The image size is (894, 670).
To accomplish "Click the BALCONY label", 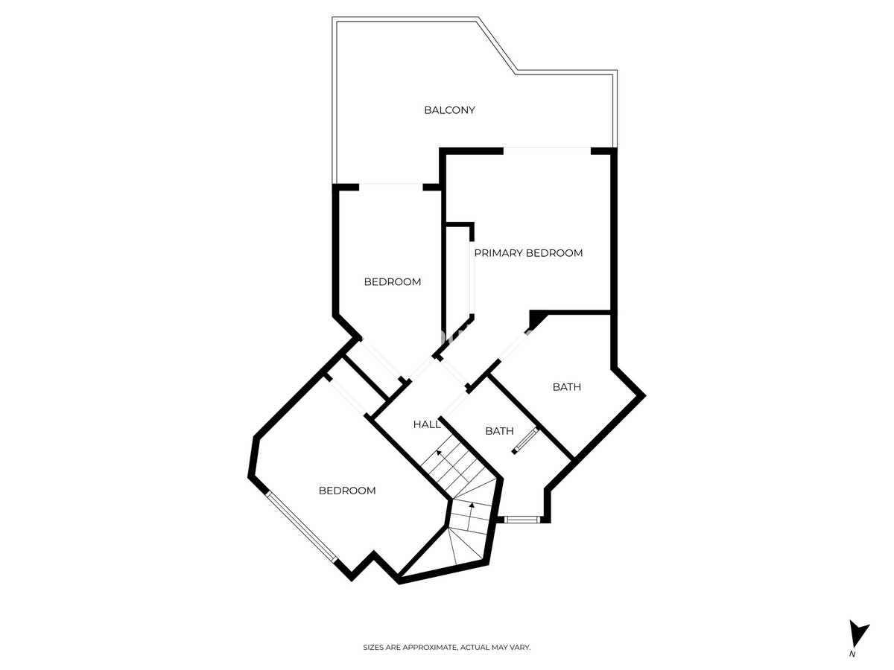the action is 449,110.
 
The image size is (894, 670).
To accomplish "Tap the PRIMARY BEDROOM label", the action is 528,253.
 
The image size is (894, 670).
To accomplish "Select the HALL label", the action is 426,424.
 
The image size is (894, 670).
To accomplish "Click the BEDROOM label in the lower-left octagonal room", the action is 347,491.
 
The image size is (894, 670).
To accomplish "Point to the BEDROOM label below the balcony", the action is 392,282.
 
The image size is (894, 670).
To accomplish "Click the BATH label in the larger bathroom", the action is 566,387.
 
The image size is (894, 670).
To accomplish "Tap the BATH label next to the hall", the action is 499,431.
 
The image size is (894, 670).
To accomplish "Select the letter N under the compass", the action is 852,666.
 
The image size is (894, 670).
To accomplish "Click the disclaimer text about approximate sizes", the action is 447,647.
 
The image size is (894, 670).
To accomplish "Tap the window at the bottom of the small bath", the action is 522,520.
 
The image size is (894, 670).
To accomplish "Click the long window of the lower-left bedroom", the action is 302,527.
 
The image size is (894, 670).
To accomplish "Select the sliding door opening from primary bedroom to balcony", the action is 547,148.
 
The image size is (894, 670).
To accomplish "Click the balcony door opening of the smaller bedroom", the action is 391,185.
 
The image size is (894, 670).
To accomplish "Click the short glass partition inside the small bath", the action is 526,441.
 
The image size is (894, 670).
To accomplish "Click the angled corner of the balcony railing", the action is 498,45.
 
